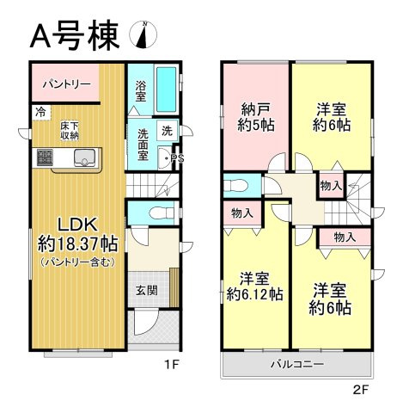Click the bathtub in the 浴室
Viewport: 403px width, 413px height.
click(x=167, y=90)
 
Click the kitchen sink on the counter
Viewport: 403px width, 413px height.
click(x=84, y=157)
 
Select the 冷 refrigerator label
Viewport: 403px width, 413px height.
click(x=40, y=112)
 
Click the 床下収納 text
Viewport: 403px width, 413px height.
click(x=70, y=130)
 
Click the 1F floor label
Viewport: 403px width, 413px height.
click(x=172, y=364)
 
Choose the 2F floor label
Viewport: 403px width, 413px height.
click(x=359, y=389)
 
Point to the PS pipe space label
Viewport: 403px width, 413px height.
click(x=178, y=158)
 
